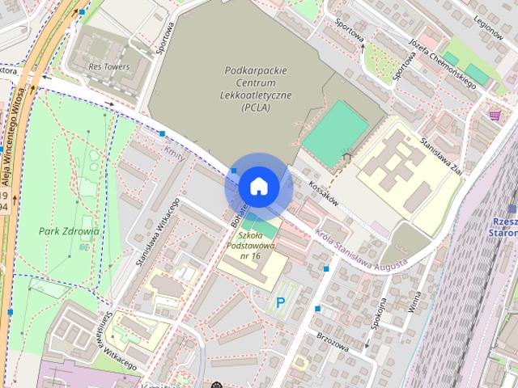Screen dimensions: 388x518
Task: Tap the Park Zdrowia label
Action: (x=69, y=230)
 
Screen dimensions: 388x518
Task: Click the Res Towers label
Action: (x=109, y=67)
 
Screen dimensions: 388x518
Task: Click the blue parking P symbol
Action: (x=281, y=303)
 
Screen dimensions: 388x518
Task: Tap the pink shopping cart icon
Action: (x=494, y=116)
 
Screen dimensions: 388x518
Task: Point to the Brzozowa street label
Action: (x=333, y=339)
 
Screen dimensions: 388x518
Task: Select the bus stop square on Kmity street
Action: (x=163, y=133)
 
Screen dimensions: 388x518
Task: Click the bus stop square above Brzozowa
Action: (x=317, y=309)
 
